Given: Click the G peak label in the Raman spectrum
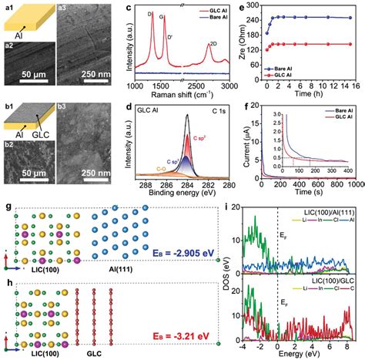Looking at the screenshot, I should coord(163,15).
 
